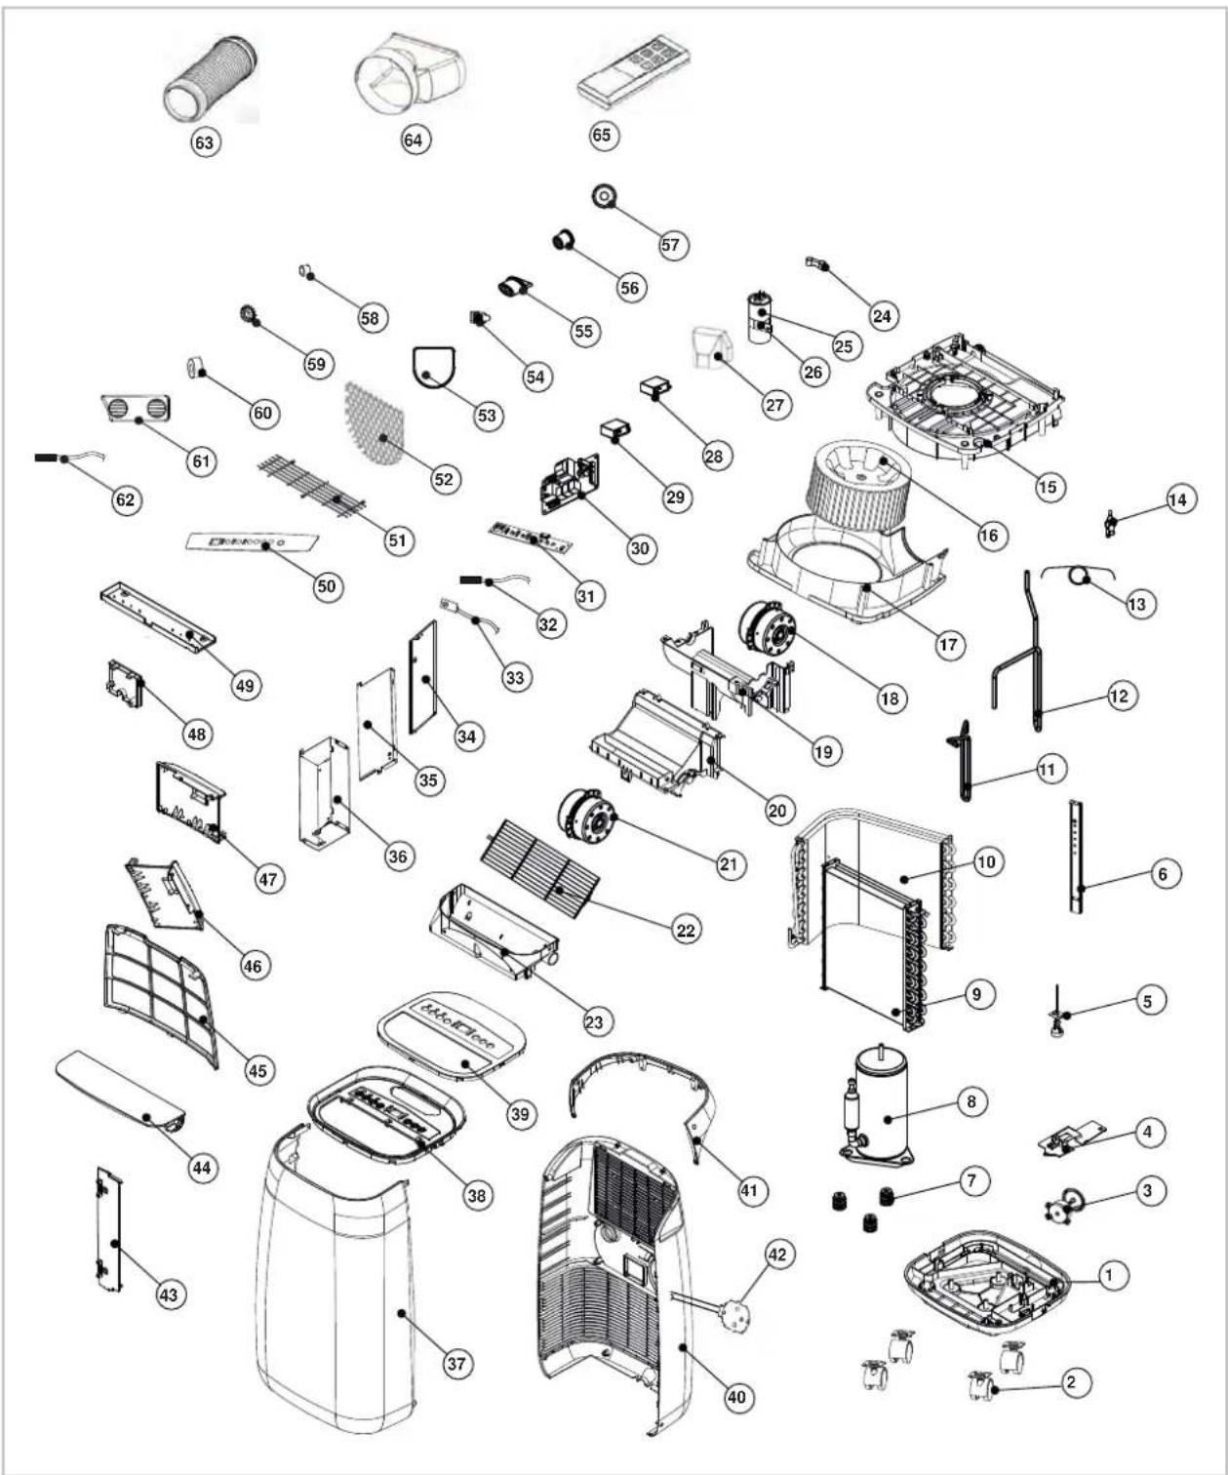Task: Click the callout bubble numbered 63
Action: click(x=204, y=142)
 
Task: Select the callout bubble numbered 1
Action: click(x=1109, y=1275)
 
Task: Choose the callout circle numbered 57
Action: click(x=670, y=245)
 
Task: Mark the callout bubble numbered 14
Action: click(x=1177, y=499)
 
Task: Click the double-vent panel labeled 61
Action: click(x=137, y=409)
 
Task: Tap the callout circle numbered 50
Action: click(x=327, y=586)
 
